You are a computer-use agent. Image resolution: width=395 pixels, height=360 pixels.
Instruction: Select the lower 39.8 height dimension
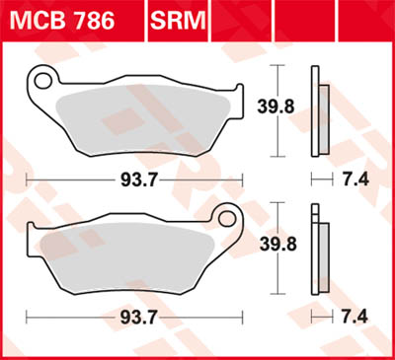(x=300, y=246)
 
